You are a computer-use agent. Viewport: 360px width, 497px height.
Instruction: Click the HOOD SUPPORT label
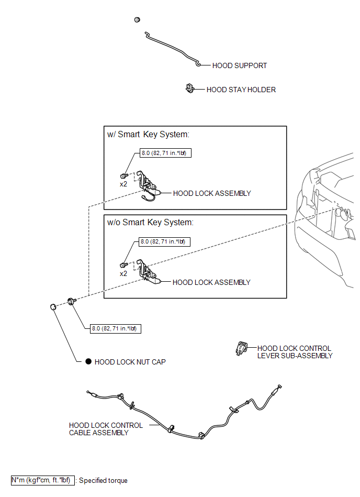(x=239, y=65)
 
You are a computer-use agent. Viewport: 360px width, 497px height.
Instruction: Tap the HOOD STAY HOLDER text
(x=241, y=90)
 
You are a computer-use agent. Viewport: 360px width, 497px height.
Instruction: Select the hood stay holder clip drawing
(x=189, y=89)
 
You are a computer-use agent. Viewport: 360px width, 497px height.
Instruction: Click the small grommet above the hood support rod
(x=137, y=20)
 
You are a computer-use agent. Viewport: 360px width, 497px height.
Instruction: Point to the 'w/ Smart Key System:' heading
(x=148, y=135)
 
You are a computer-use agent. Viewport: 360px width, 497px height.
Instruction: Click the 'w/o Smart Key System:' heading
(x=150, y=223)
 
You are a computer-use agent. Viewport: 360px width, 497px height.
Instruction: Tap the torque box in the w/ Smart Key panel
(x=165, y=153)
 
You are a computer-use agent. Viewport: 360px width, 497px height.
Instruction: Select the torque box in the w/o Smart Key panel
(x=165, y=242)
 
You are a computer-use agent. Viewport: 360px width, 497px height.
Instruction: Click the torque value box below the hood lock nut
(x=116, y=329)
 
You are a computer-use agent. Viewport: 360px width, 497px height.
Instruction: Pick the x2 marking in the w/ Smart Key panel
(x=123, y=184)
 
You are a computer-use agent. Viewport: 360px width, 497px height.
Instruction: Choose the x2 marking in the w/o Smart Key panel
(x=123, y=273)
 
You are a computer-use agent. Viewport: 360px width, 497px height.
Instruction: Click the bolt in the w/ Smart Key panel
(x=124, y=175)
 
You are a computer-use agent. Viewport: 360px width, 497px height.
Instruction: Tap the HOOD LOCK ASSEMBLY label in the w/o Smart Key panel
(x=211, y=282)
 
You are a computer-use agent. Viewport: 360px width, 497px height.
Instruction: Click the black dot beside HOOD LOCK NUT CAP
(x=88, y=361)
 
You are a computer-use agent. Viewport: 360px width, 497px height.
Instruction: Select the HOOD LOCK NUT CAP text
(x=130, y=362)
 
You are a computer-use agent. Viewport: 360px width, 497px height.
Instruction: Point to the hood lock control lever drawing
(x=242, y=348)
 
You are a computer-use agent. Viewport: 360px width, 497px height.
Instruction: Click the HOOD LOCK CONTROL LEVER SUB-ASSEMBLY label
(x=295, y=352)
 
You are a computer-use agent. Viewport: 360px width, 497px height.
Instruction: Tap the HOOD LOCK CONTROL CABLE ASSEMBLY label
(x=106, y=429)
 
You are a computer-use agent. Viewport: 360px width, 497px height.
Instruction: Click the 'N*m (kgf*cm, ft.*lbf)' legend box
(x=43, y=481)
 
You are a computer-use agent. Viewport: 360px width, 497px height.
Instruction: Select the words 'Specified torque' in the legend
(x=103, y=481)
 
